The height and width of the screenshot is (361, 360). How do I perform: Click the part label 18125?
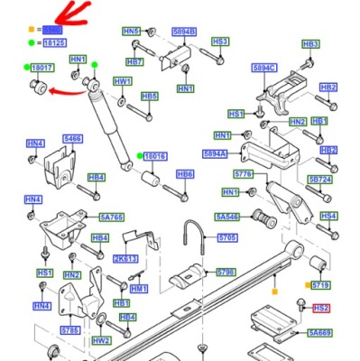pos(54,42)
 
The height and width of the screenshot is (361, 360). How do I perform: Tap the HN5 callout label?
pos(131,32)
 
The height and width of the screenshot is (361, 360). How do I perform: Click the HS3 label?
pos(219,42)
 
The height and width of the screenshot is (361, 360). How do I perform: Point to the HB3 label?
pos(310,43)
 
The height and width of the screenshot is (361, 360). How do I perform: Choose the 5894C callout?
pos(264,68)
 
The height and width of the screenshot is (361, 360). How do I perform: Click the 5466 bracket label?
pos(72,139)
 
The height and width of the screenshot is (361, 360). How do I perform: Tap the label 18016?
pos(155,156)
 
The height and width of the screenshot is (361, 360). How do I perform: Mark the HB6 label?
pos(185,174)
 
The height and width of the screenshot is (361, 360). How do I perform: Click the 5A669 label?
pos(318,333)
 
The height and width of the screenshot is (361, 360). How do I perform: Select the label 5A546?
pos(227,217)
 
